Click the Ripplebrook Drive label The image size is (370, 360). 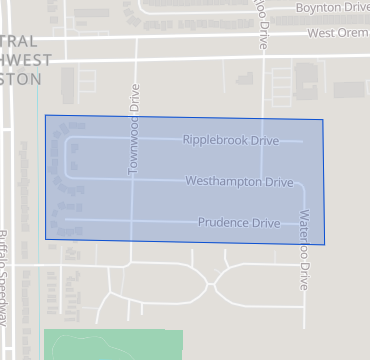pyautogui.click(x=230, y=141)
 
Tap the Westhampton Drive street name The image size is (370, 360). pyautogui.click(x=239, y=182)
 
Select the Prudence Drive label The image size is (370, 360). pyautogui.click(x=238, y=222)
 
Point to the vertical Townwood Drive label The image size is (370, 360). pyautogui.click(x=133, y=130)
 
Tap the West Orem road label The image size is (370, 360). pyautogui.click(x=338, y=33)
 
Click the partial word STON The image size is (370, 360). pyautogui.click(x=21, y=79)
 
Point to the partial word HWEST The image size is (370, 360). pyautogui.click(x=21, y=60)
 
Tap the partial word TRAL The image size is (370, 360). pyautogui.click(x=21, y=41)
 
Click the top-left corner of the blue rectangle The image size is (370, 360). pyautogui.click(x=45, y=115)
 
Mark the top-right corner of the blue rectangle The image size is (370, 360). pyautogui.click(x=324, y=119)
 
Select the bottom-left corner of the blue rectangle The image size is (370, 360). pyautogui.click(x=45, y=239)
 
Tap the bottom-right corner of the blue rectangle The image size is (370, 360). pyautogui.click(x=325, y=244)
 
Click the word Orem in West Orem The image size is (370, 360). pyautogui.click(x=354, y=33)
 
